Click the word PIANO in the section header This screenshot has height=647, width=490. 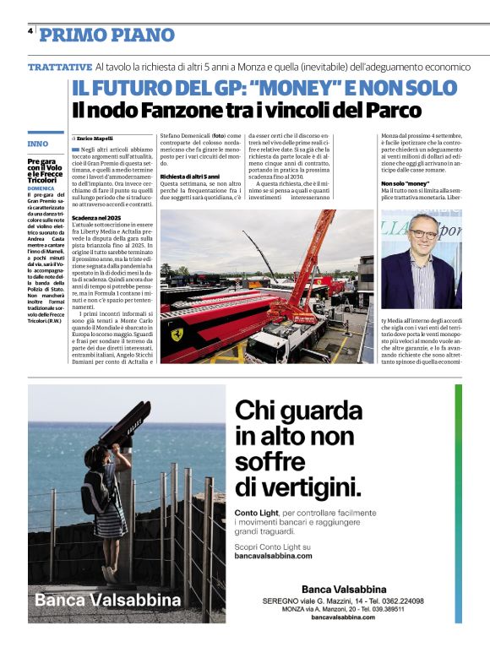pyautogui.click(x=140, y=35)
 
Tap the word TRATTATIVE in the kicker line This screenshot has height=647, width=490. pyautogui.click(x=60, y=66)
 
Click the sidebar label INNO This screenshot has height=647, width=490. pyautogui.click(x=38, y=143)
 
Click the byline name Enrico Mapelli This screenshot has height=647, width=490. pyautogui.click(x=95, y=138)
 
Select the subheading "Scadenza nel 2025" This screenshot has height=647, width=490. pyautogui.click(x=97, y=218)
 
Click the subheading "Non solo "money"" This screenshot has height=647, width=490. pyautogui.click(x=406, y=183)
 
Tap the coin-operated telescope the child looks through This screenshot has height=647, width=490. pyautogui.click(x=124, y=422)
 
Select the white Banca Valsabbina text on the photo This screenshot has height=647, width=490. pyautogui.click(x=108, y=601)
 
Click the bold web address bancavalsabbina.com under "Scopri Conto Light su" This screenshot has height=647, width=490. pyautogui.click(x=273, y=556)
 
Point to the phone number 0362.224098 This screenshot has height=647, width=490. pyautogui.click(x=398, y=601)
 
